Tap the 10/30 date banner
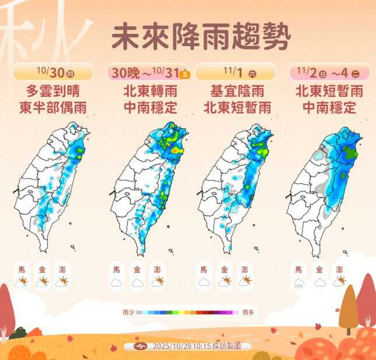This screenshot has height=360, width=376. (53, 72)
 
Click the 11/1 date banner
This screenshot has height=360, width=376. (235, 72)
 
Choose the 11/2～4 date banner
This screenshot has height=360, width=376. (329, 72)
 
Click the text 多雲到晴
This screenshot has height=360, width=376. (53, 91)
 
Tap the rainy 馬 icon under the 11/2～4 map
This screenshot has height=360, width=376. (298, 284)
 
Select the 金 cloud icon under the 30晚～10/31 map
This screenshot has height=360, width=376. (137, 282)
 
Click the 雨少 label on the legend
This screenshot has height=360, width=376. (128, 312)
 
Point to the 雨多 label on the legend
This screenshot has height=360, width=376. (248, 312)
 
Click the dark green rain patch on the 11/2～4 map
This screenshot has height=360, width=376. (349, 153)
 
